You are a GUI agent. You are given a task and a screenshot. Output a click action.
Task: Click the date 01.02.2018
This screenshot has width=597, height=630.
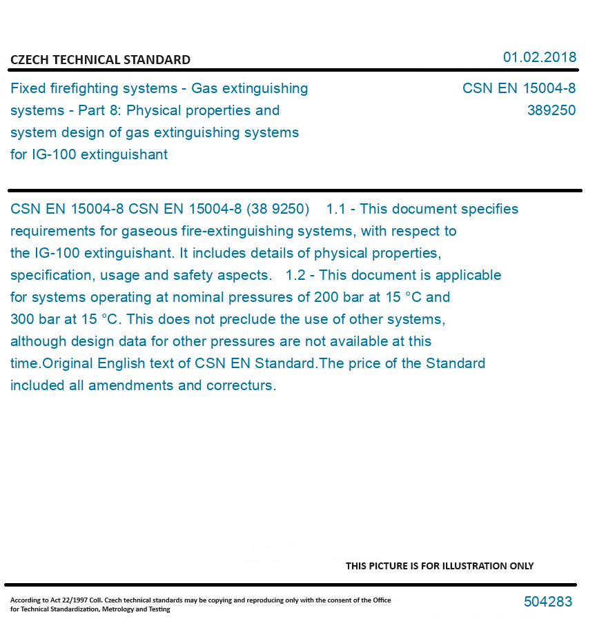pyautogui.click(x=539, y=57)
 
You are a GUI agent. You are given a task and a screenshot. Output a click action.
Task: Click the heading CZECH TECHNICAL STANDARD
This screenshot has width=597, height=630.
pyautogui.click(x=100, y=60)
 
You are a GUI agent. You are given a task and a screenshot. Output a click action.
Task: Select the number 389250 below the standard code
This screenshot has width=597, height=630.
pyautogui.click(x=551, y=110)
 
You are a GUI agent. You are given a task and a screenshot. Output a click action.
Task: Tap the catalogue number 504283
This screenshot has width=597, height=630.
pyautogui.click(x=548, y=602)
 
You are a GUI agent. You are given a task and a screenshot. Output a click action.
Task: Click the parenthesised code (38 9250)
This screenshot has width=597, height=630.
pyautogui.click(x=277, y=209)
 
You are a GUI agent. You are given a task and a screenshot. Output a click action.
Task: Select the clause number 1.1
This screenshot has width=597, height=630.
pyautogui.click(x=335, y=209)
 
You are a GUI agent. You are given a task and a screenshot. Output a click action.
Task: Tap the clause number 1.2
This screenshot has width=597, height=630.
pyautogui.click(x=295, y=275)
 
